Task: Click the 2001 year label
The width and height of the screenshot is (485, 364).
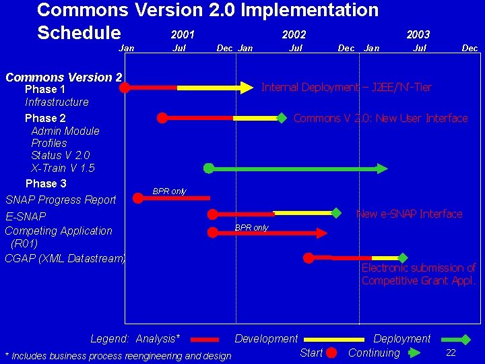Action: pos(183,34)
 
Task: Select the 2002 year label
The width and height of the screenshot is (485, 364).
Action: pos(294,34)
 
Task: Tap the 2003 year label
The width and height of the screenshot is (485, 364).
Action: pos(418,34)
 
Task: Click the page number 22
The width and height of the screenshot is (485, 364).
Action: pos(451,353)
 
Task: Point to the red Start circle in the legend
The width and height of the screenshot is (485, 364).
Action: pos(331,353)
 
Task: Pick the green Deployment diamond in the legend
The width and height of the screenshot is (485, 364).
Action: pos(464,339)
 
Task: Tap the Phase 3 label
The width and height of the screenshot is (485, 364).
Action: pos(46,183)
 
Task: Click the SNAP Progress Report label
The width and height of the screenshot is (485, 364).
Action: pos(61,200)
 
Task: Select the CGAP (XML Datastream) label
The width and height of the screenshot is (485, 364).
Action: pos(65,258)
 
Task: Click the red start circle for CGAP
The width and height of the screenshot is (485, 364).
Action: pos(309,257)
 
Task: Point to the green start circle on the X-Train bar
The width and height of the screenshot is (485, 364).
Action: pos(209,168)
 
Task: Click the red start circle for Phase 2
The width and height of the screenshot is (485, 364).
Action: pos(162,118)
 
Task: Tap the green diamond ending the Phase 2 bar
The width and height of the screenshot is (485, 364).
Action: pos(282,118)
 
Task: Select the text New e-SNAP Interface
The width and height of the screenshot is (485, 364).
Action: pos(409,214)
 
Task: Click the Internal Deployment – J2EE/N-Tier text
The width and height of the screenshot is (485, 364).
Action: pos(346,87)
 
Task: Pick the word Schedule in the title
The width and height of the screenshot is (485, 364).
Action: pos(79,33)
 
